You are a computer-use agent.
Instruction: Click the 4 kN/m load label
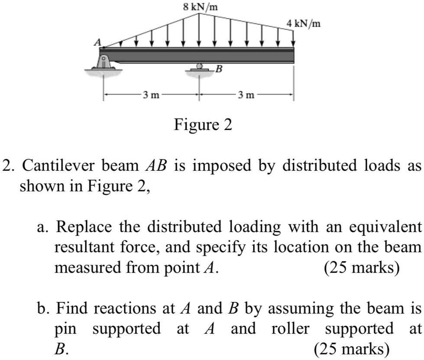(x=304, y=23)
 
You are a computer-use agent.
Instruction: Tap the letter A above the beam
(x=99, y=42)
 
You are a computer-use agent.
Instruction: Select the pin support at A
(x=103, y=63)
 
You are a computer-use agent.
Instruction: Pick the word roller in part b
(x=290, y=328)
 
